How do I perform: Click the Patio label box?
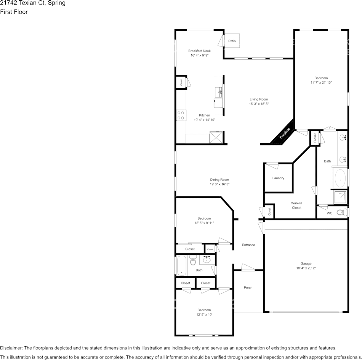(232, 41)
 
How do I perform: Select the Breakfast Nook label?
(199, 51)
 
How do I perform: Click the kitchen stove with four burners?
(181, 115)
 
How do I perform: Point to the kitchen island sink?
(219, 92)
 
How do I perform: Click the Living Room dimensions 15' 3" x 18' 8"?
(259, 104)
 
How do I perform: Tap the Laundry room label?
(278, 178)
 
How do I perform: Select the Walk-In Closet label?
(296, 205)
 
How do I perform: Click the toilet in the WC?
(342, 212)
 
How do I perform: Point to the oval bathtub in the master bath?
(340, 178)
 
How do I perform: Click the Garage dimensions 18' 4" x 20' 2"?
(306, 268)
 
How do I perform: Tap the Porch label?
(248, 288)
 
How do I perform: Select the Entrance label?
(248, 245)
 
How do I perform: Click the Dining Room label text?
(219, 180)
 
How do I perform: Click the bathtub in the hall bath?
(181, 265)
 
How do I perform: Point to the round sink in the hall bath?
(207, 260)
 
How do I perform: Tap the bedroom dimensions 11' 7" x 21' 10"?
(321, 83)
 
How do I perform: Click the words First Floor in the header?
(14, 12)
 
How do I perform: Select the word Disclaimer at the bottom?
(11, 348)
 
